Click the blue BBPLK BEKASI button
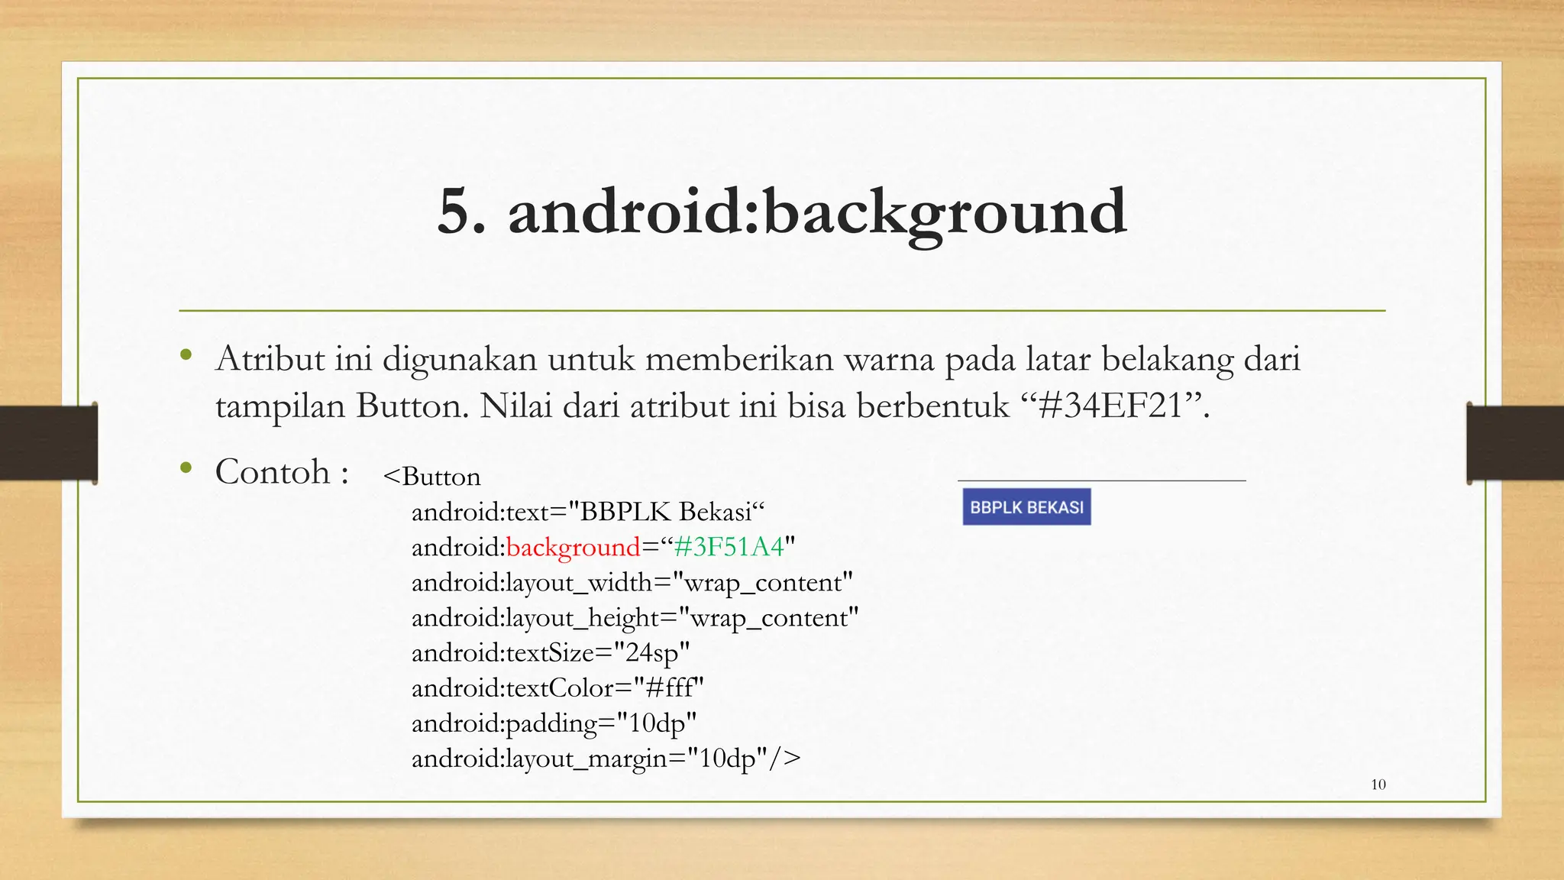[x=1026, y=507]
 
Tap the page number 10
[x=1378, y=785]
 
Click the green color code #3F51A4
[x=729, y=547]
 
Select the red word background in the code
[x=573, y=547]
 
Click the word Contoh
[x=272, y=471]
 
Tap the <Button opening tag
[x=432, y=477]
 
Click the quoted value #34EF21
[x=1111, y=406]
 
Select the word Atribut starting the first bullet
[x=270, y=358]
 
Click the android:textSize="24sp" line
[x=550, y=653]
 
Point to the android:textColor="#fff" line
[x=557, y=688]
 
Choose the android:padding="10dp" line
[x=554, y=723]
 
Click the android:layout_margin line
[x=606, y=759]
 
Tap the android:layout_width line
[x=632, y=583]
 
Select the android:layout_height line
[x=635, y=618]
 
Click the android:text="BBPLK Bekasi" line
[x=587, y=512]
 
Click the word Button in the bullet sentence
[x=412, y=406]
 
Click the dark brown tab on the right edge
[x=1515, y=443]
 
